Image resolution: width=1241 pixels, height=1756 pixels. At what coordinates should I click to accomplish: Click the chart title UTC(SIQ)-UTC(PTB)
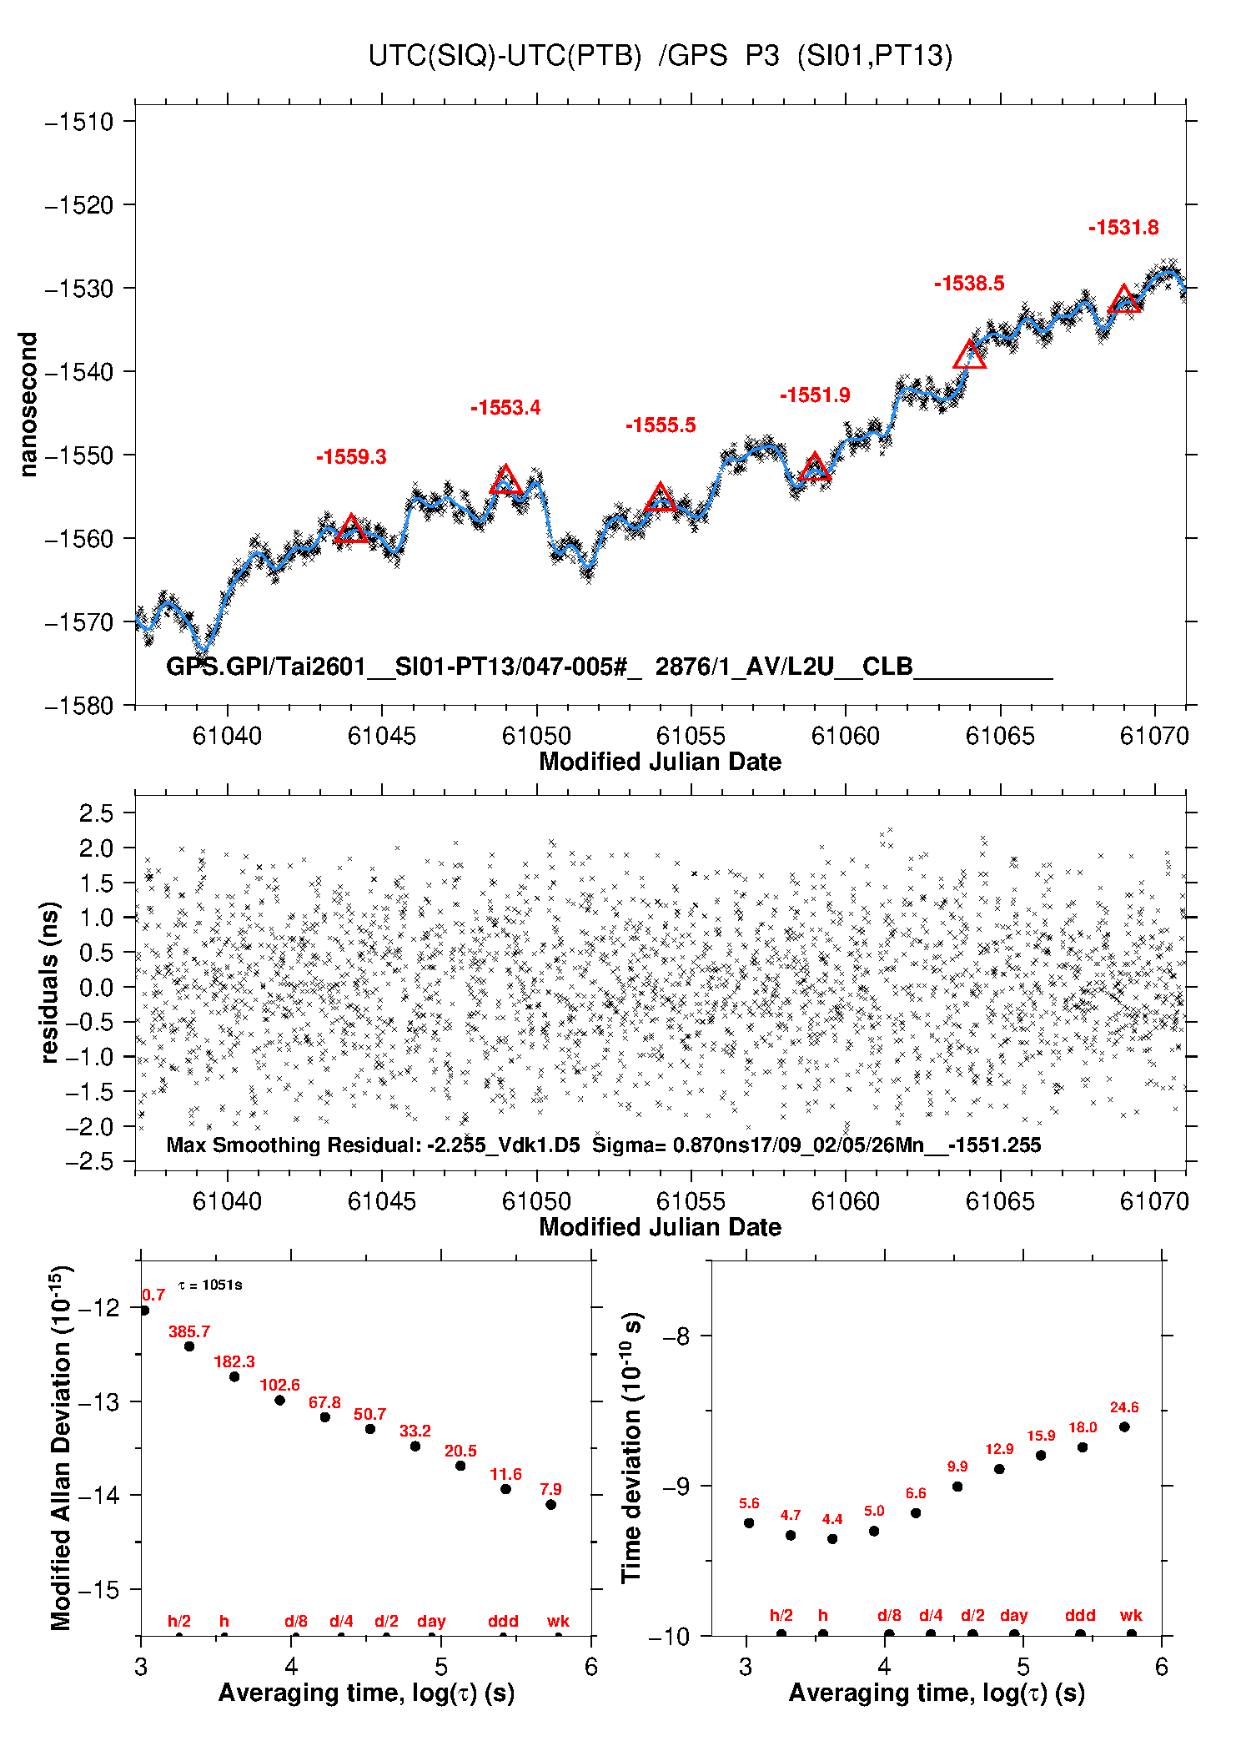(x=505, y=56)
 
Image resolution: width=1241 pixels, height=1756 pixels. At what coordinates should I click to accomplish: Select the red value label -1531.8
(x=1123, y=228)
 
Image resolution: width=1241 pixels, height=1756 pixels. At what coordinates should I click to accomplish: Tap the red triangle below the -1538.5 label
(x=969, y=356)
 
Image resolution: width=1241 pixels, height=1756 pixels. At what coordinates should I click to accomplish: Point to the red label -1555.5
(x=661, y=425)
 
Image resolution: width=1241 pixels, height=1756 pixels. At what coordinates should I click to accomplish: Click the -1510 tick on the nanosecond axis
(x=79, y=122)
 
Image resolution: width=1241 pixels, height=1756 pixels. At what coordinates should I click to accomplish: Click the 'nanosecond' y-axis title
(x=28, y=405)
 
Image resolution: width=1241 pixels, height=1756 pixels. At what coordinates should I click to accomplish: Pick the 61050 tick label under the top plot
(x=536, y=736)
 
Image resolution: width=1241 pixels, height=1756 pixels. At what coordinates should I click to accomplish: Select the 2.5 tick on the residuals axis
(x=96, y=813)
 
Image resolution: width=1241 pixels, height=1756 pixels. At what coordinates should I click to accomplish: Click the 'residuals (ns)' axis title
(x=50, y=982)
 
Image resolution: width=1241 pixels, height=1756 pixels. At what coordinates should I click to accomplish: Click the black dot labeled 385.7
(x=189, y=1346)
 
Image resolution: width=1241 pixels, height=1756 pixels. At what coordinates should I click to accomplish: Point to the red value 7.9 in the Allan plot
(x=550, y=1489)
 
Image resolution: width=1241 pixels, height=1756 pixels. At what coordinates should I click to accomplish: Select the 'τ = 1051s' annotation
(x=210, y=1285)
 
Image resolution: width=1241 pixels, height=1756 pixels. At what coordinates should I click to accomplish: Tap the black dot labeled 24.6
(x=1124, y=1426)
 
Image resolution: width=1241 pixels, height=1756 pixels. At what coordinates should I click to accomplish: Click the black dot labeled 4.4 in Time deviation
(x=832, y=1538)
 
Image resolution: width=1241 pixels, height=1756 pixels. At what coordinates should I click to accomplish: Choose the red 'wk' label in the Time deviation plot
(x=1131, y=1615)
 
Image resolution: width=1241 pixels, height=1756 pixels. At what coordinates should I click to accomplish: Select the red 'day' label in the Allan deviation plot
(x=431, y=1621)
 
